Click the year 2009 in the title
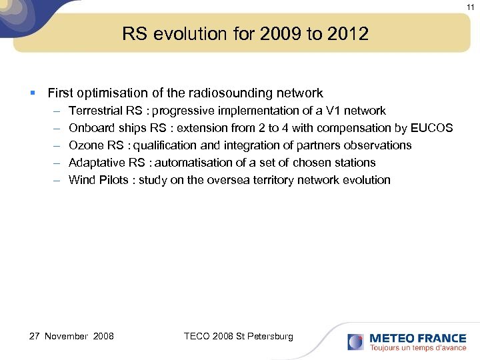pyautogui.click(x=277, y=34)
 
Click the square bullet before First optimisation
pyautogui.click(x=33, y=93)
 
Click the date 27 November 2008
pyautogui.click(x=72, y=336)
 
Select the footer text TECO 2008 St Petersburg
pyautogui.click(x=238, y=336)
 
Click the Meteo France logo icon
pyautogui.click(x=355, y=342)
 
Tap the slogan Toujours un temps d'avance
pyautogui.click(x=418, y=347)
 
